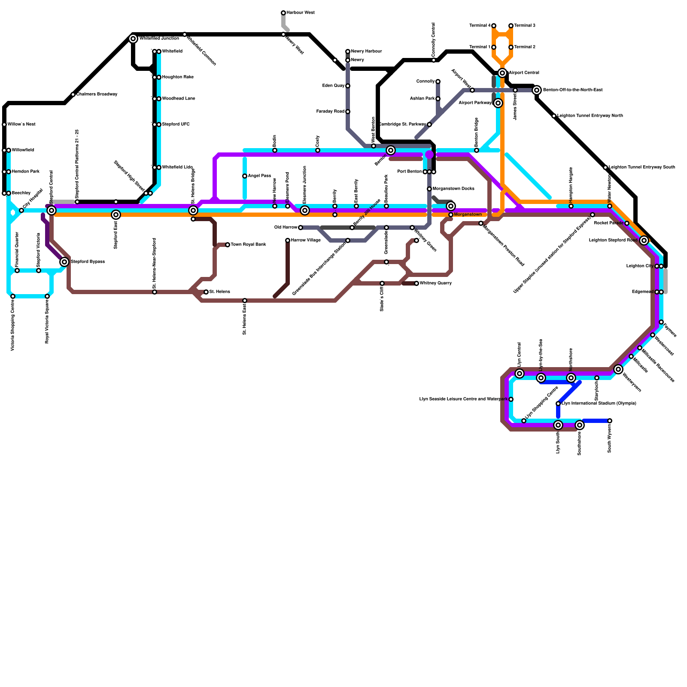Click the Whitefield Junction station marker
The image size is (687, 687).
click(x=133, y=39)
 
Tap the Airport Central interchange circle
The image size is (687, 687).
click(x=502, y=73)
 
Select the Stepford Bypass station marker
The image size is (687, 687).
click(x=64, y=262)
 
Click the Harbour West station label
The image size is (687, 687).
click(x=301, y=13)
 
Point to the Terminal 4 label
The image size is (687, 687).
click(x=480, y=26)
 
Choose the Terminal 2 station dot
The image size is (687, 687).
click(x=511, y=47)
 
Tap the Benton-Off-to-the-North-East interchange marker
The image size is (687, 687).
click(x=536, y=90)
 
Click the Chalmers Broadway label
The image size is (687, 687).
click(x=97, y=94)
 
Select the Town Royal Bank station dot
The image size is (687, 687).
click(x=228, y=245)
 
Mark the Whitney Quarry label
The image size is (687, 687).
click(x=435, y=283)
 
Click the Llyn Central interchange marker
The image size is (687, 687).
click(x=520, y=374)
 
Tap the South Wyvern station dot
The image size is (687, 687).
click(x=610, y=421)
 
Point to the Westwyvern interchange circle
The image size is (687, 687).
click(x=618, y=369)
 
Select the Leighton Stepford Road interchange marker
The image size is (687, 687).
click(x=644, y=240)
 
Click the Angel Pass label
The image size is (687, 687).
click(x=259, y=176)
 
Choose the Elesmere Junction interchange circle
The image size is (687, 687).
click(x=305, y=210)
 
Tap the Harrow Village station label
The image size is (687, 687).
click(x=306, y=240)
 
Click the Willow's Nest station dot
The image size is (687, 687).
click(x=4, y=125)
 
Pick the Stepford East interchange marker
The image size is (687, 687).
click(x=116, y=215)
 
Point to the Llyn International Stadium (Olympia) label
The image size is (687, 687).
click(x=599, y=404)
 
